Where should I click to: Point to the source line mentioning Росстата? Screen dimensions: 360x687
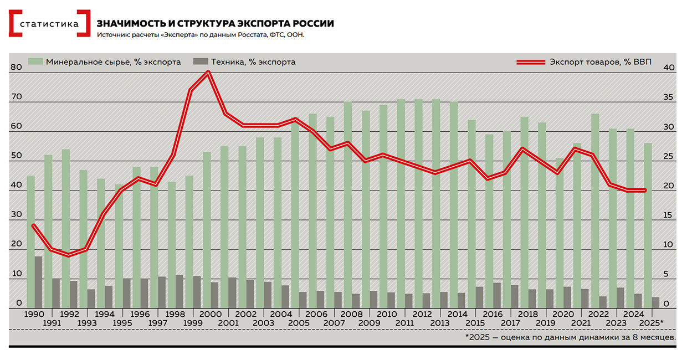201,35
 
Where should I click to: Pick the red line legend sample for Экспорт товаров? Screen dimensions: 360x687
531,61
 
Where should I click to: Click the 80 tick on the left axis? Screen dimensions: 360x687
16,68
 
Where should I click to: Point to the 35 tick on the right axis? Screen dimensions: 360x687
669,97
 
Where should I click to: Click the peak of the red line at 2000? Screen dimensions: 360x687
208,72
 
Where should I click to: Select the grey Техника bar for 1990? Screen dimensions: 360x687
38,281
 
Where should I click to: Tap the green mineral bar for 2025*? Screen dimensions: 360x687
648,222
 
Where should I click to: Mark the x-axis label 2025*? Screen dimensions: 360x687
652,322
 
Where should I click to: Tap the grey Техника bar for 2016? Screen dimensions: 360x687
496,295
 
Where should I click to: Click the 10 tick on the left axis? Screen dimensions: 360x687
16,274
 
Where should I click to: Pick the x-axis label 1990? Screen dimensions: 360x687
34,313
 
